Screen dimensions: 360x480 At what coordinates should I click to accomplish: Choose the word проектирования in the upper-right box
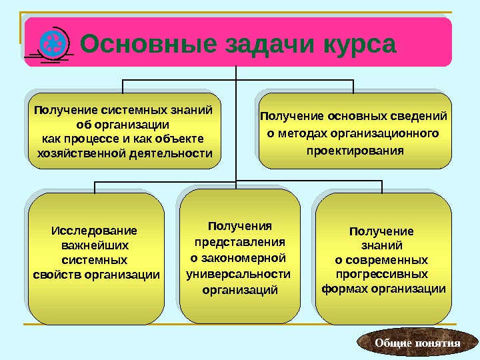pyautogui.click(x=355, y=151)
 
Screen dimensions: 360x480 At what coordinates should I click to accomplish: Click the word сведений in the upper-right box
pyautogui.click(x=418, y=117)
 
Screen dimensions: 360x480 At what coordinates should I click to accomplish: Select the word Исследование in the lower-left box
pyautogui.click(x=94, y=231)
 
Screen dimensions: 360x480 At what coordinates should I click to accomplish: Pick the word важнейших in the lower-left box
pyautogui.click(x=94, y=245)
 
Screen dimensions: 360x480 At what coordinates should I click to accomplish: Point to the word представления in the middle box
pyautogui.click(x=239, y=242)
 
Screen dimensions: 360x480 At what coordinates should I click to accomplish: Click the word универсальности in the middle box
pyautogui.click(x=239, y=273)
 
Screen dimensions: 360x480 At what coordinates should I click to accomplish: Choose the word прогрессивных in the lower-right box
pyautogui.click(x=381, y=274)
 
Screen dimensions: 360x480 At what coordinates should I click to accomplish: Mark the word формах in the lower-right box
pyautogui.click(x=346, y=289)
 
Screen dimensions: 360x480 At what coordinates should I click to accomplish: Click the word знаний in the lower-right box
pyautogui.click(x=381, y=245)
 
